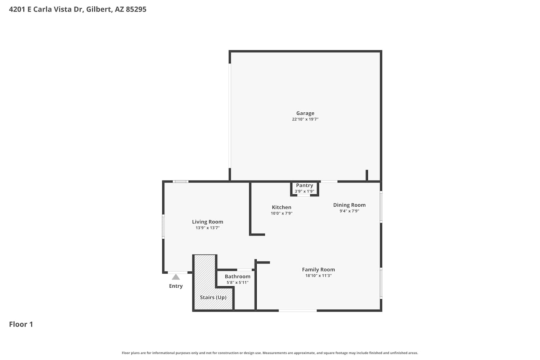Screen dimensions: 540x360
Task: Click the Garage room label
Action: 305,113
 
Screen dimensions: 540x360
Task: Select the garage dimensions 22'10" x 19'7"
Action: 305,119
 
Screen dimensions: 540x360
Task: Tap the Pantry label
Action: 305,185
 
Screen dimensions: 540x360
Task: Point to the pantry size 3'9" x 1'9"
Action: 305,191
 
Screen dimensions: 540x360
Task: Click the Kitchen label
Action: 282,207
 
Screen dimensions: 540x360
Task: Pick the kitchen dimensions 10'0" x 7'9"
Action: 282,213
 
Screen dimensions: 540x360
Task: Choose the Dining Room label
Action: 349,205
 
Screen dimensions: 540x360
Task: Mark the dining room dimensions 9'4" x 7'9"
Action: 349,211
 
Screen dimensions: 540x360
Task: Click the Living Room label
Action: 208,222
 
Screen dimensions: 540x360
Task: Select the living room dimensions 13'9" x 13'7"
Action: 208,228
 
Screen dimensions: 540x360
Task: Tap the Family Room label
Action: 319,270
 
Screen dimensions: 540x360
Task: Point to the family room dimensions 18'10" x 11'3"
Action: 319,276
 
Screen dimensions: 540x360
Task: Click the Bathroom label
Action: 238,276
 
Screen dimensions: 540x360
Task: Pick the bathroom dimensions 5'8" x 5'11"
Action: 238,283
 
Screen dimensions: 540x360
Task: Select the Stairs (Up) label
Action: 213,297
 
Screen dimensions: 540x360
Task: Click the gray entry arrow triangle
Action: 176,277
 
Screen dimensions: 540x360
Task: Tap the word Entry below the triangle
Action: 176,286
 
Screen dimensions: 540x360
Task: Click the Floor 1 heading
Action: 21,324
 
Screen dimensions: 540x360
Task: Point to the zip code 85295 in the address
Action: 136,9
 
